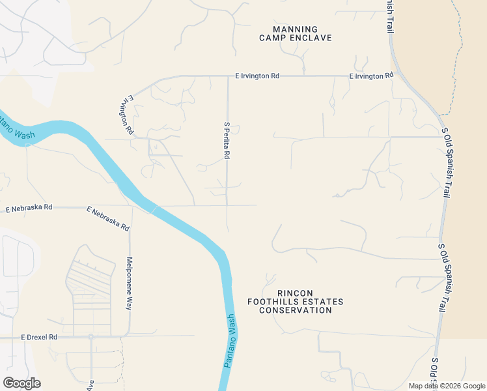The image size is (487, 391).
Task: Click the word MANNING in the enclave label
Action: [296, 29]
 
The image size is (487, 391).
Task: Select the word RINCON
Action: [295, 293]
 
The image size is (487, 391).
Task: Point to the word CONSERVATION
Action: [296, 310]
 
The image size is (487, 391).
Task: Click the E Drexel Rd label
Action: [39, 338]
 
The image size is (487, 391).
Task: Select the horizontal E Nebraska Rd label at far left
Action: [28, 209]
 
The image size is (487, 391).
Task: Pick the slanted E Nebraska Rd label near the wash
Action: [108, 219]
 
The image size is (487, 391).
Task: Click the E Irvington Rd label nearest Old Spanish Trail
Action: [371, 76]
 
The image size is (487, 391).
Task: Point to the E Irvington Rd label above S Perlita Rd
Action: [257, 76]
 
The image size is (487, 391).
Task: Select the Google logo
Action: [21, 383]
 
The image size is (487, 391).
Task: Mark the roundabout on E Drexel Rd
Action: [90, 337]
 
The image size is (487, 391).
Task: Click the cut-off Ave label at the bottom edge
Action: [90, 386]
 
